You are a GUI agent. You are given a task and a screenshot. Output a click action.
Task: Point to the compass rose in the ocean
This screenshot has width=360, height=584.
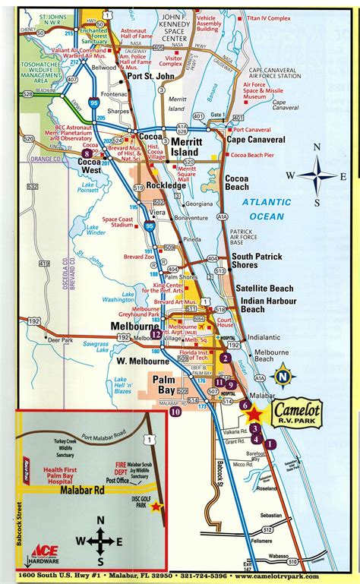click(318, 176)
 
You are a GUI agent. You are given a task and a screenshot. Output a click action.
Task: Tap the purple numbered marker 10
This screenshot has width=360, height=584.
click(175, 412)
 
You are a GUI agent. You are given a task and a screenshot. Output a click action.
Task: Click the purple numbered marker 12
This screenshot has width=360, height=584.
click(156, 333)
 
